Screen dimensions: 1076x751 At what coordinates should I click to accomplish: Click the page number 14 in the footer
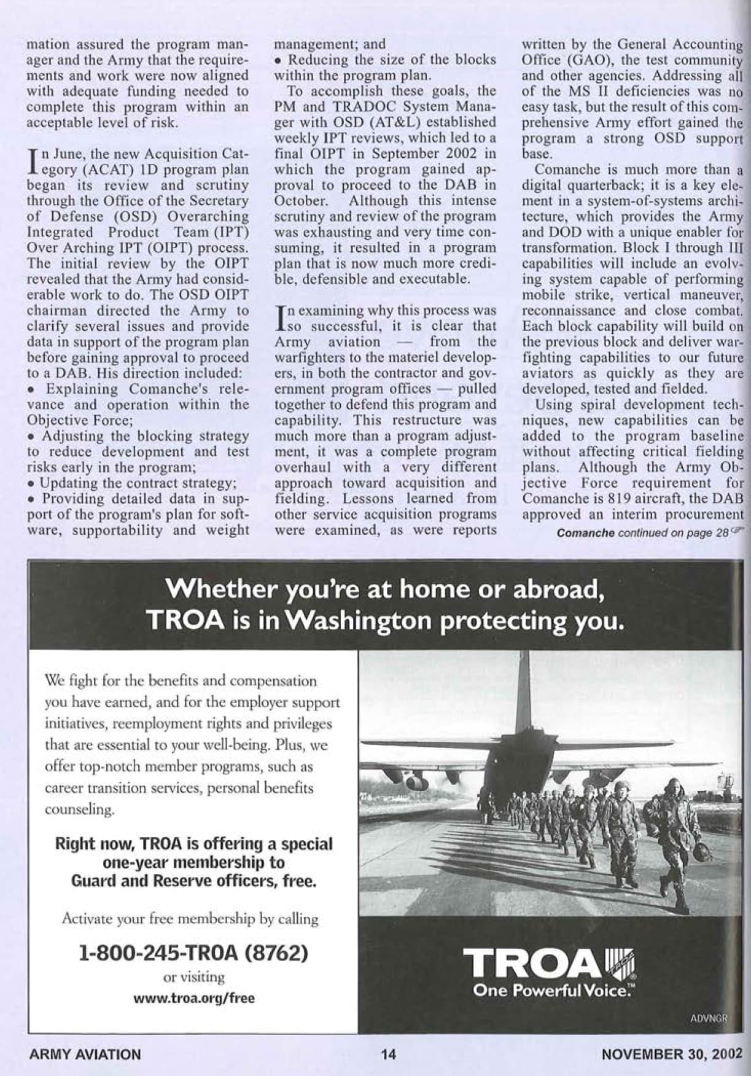[388, 1055]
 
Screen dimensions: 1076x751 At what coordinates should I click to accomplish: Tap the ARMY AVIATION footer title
[85, 1055]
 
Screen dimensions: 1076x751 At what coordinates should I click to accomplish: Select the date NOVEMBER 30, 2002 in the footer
[672, 1055]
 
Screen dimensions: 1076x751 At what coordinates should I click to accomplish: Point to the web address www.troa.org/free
[194, 998]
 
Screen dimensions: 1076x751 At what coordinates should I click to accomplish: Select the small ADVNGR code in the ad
[709, 1018]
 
